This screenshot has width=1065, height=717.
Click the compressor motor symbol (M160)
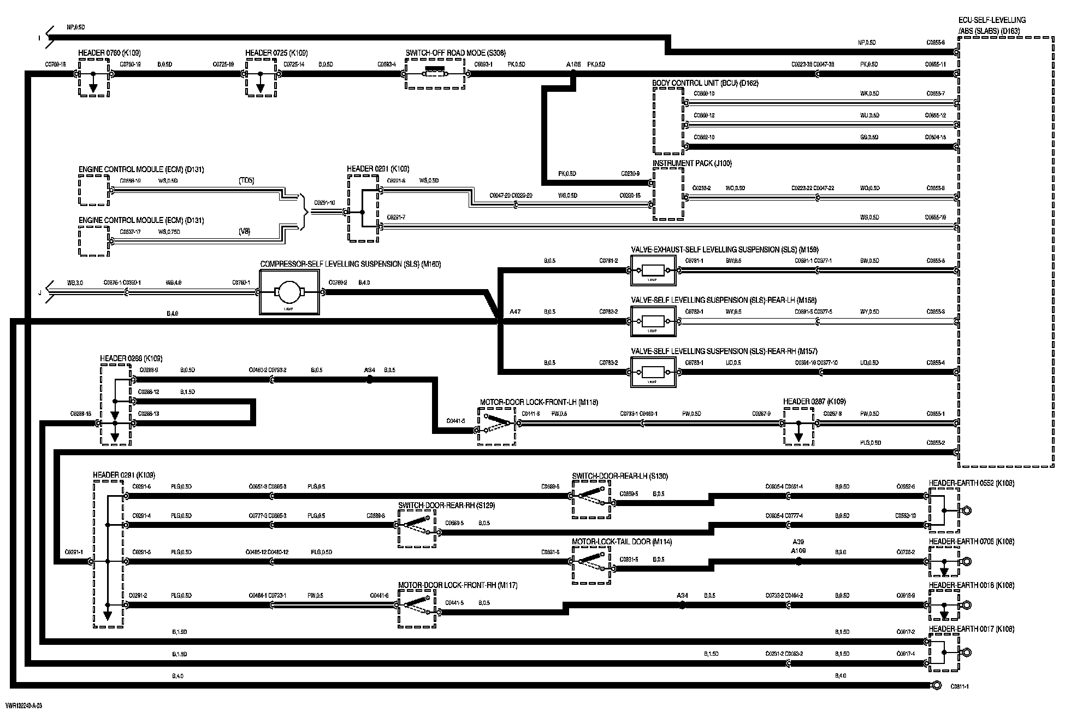289,292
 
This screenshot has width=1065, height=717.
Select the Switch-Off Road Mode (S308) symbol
435,74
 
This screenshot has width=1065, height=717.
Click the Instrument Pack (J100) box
668,193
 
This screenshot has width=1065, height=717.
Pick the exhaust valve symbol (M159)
653,270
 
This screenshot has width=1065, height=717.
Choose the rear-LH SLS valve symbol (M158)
653,321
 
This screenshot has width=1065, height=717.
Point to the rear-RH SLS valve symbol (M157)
653,372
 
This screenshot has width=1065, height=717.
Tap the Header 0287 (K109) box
798,426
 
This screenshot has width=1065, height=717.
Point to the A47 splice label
514,312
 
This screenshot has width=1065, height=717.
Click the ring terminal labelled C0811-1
936,685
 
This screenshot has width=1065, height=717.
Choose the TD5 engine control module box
93,191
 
